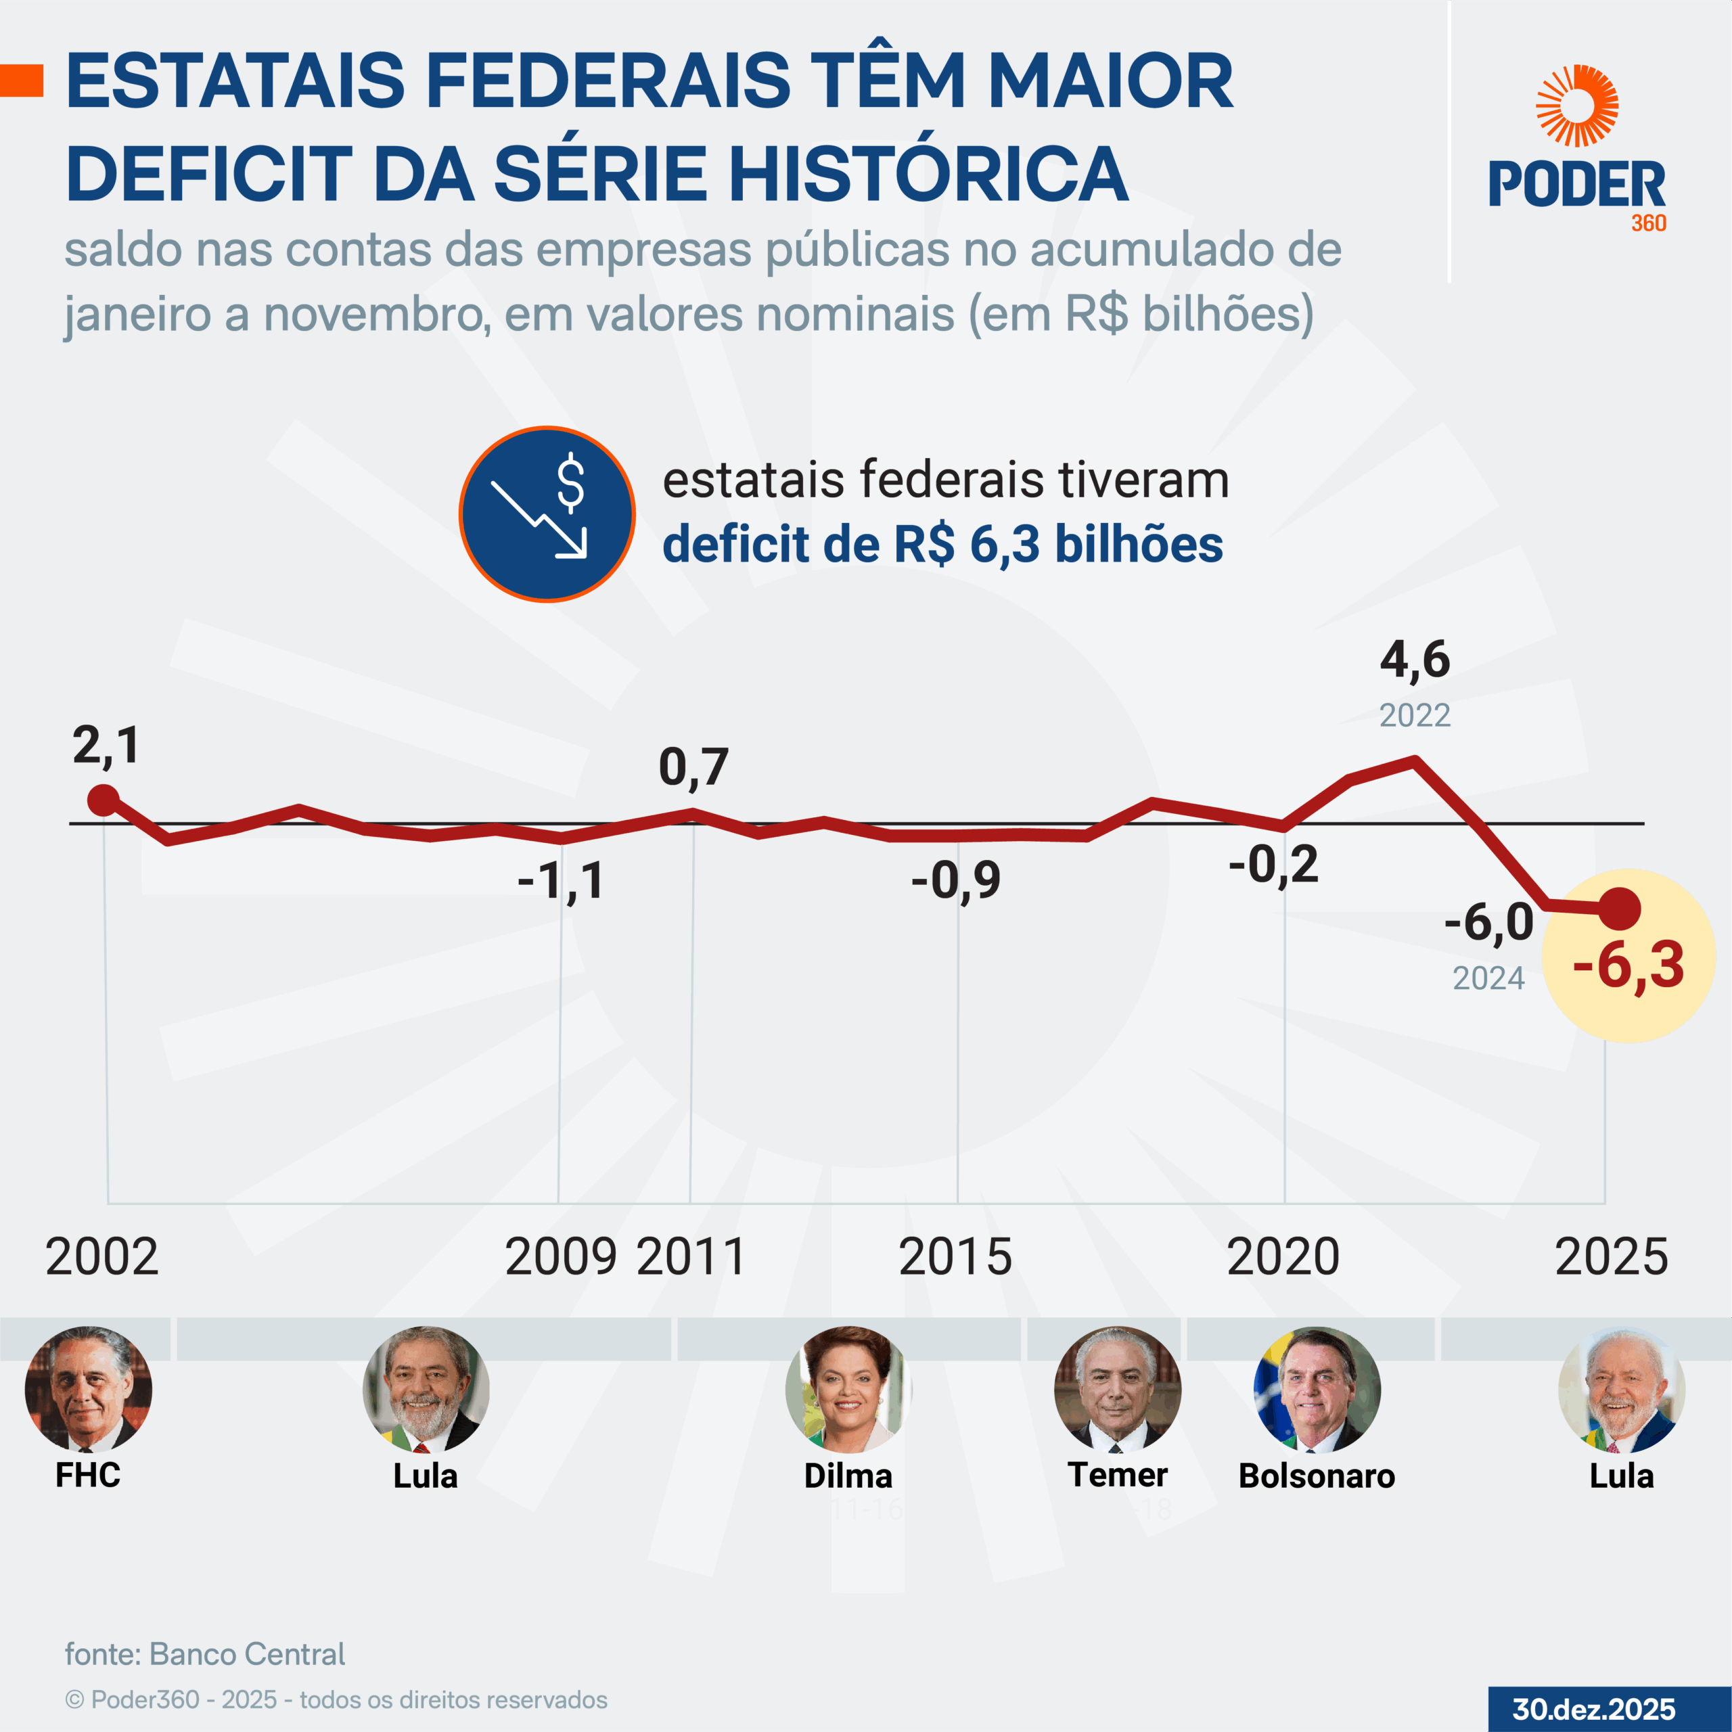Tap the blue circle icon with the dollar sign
547,514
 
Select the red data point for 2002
104,800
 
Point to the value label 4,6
1415,660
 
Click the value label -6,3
1628,966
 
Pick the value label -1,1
561,882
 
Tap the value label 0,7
693,767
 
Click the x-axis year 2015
956,1257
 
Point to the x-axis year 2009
561,1257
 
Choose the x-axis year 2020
1283,1257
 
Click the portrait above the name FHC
88,1389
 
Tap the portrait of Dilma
848,1389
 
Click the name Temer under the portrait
1117,1475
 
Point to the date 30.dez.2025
1593,1709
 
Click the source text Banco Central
246,1654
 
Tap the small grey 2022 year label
1415,715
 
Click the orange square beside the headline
22,81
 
